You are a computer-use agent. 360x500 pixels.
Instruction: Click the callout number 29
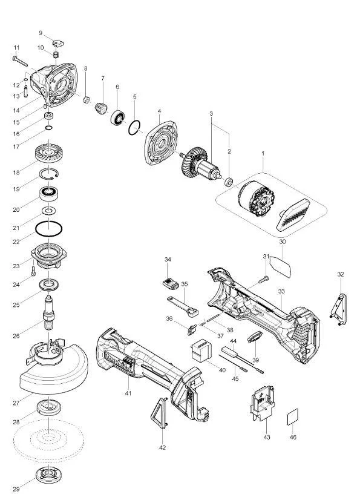[16, 489]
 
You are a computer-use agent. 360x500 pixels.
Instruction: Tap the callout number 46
[293, 437]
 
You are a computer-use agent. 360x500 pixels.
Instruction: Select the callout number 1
[263, 153]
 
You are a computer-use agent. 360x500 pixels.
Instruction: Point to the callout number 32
[341, 274]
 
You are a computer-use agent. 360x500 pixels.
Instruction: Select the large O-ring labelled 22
[48, 229]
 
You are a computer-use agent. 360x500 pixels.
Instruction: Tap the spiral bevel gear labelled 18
[48, 153]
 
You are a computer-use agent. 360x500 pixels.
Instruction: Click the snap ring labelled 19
[49, 174]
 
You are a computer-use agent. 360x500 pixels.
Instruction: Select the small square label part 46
[292, 417]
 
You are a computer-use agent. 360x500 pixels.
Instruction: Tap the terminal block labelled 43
[263, 403]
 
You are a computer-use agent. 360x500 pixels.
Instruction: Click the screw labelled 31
[264, 280]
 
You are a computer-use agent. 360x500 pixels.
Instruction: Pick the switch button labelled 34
[170, 283]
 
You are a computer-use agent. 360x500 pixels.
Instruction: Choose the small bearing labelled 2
[229, 182]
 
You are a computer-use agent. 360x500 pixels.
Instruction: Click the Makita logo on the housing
[119, 363]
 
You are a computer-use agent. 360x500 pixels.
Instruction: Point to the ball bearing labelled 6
[117, 117]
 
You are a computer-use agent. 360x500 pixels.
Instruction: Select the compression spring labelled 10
[56, 54]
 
